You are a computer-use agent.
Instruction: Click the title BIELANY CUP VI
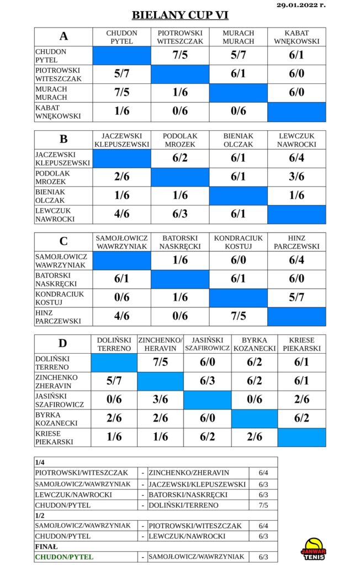click(x=180, y=15)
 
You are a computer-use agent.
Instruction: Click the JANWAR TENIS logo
click(x=313, y=549)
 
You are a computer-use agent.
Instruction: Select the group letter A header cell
click(x=63, y=36)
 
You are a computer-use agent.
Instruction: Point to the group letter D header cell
click(x=63, y=343)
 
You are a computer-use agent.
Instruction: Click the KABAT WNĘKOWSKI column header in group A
click(x=297, y=37)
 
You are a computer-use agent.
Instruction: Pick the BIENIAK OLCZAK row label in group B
click(x=50, y=196)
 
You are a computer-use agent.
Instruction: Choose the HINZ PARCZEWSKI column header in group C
click(x=297, y=242)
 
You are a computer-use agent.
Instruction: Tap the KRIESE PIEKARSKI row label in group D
click(x=49, y=438)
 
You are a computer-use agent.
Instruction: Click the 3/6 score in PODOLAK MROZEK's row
click(x=297, y=177)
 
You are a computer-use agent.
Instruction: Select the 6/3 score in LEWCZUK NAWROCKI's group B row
click(x=180, y=214)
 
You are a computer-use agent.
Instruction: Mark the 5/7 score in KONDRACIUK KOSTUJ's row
click(x=297, y=297)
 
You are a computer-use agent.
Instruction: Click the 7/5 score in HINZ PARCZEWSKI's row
click(x=239, y=316)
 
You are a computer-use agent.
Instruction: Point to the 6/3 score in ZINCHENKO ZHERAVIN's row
click(x=208, y=381)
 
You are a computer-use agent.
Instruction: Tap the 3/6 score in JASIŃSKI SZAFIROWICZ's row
click(x=161, y=399)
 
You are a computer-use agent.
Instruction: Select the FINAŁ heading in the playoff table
click(x=46, y=546)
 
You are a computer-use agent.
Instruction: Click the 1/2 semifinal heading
click(x=40, y=515)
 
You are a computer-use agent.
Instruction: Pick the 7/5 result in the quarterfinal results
click(x=263, y=505)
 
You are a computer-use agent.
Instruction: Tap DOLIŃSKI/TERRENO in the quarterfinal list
click(x=184, y=505)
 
